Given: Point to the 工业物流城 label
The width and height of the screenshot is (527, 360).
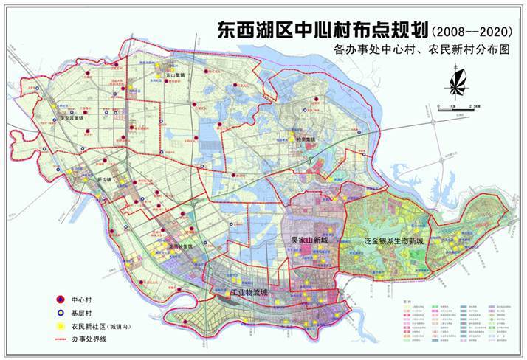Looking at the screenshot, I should pos(239,294).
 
